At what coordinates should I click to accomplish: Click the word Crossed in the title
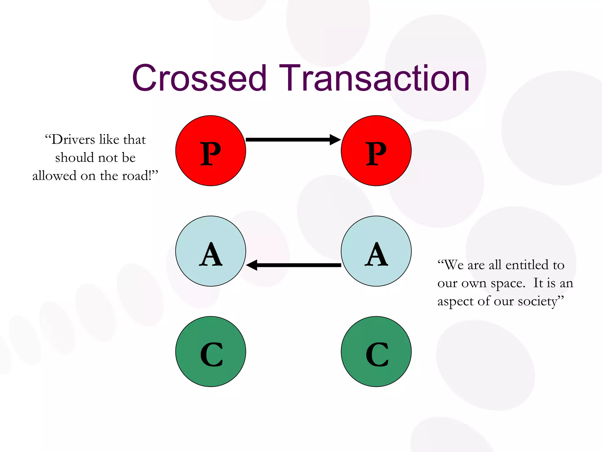pos(199,78)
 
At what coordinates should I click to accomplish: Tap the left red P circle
pos(210,151)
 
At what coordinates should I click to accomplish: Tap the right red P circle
pos(376,151)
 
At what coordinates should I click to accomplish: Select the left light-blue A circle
pos(210,251)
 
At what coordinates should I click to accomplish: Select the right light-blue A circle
pos(376,251)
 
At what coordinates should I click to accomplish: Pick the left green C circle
pos(210,351)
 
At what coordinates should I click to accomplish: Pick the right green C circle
pos(376,351)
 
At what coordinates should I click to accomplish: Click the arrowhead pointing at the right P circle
pos(335,139)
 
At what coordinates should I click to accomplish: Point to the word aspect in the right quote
pos(455,301)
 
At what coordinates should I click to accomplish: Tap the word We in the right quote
pos(454,265)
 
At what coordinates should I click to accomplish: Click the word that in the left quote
pos(134,139)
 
